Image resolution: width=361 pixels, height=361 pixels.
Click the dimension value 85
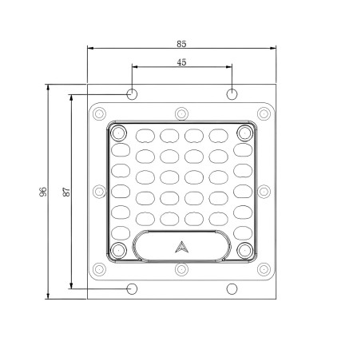point(181,44)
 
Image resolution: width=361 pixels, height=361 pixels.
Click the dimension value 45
point(181,62)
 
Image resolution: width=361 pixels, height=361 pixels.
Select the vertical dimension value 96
point(43,192)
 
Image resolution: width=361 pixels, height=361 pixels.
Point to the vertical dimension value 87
point(66,192)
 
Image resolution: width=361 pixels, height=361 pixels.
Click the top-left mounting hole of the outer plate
point(132,94)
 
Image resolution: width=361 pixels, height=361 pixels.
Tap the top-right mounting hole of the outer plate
point(232,94)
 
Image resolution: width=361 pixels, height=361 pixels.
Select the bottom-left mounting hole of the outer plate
point(132,289)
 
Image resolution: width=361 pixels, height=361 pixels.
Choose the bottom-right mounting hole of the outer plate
point(232,289)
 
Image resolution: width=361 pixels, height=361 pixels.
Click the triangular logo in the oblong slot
point(182,247)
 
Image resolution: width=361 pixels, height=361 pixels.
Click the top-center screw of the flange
point(182,114)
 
